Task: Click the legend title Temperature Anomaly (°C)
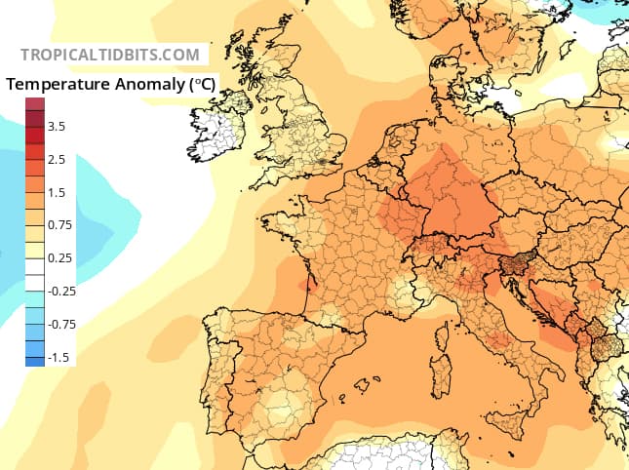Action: pos(110,84)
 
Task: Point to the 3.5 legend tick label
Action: pos(57,126)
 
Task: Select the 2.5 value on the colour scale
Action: pos(57,159)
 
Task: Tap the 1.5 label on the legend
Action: pos(57,192)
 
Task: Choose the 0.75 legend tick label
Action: pos(59,225)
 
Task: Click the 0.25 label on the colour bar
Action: pos(59,257)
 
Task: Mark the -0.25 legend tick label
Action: pos(61,291)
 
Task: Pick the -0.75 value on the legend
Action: pos(61,324)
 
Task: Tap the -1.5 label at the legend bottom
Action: pos(59,357)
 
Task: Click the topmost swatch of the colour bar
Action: pos(35,103)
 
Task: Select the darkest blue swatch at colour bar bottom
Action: pos(35,361)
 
